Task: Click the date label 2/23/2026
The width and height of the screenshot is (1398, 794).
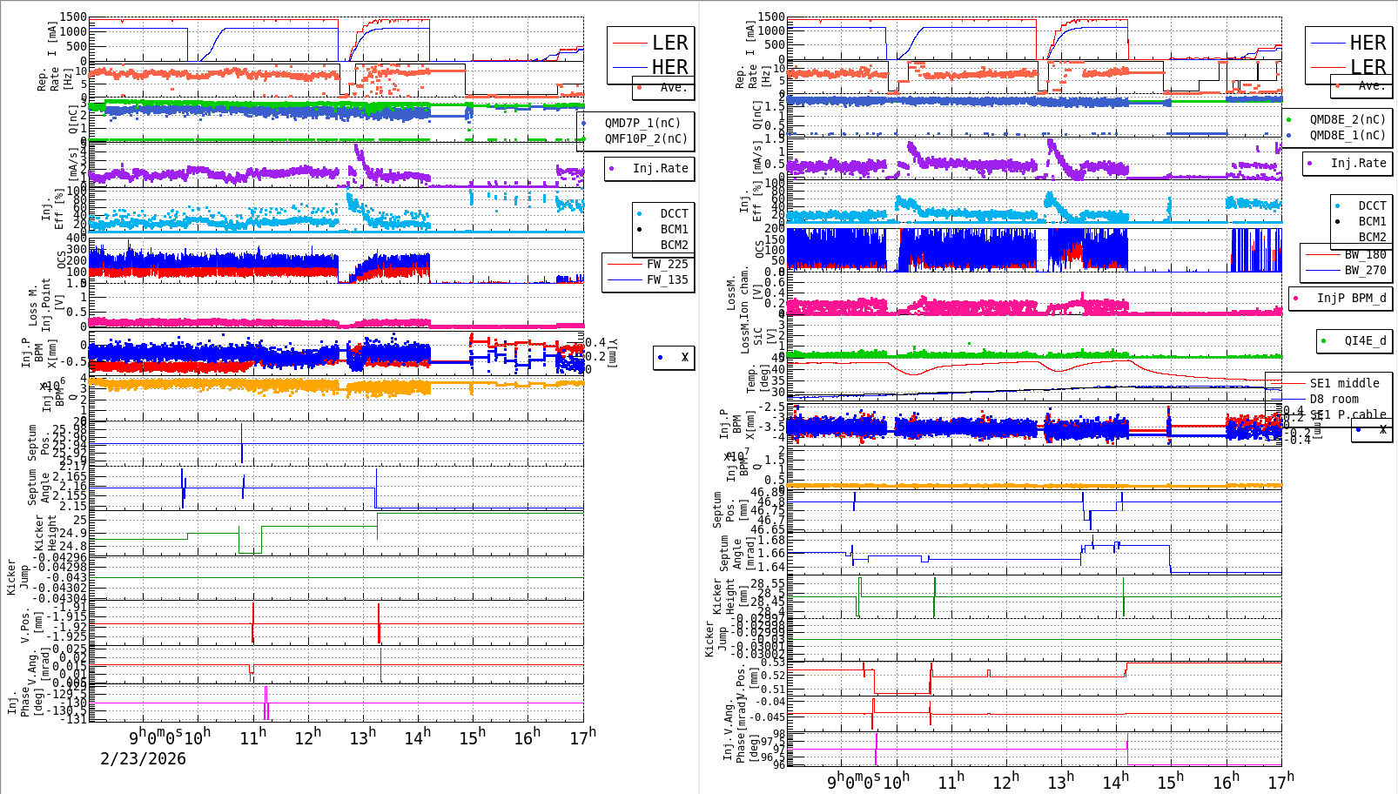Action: [143, 758]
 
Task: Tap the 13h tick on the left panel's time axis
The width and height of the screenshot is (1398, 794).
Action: [363, 737]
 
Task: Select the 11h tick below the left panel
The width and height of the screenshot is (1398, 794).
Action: [253, 737]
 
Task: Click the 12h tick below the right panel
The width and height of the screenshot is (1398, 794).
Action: [1005, 781]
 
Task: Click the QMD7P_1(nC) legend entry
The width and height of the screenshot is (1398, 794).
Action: [642, 123]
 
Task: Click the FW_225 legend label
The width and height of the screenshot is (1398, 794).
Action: [667, 264]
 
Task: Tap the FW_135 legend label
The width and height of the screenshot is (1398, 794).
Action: [667, 279]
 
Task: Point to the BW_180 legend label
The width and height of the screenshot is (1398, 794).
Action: [1365, 254]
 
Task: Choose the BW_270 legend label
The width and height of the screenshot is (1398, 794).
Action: [1365, 270]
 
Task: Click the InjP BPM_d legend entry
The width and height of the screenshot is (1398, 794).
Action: [1351, 298]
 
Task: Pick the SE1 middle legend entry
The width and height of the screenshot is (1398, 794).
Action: [1344, 383]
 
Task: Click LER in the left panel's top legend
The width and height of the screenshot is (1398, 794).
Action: [669, 43]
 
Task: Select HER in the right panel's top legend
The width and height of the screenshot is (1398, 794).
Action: [1368, 43]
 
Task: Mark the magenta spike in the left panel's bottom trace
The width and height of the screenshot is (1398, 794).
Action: [265, 702]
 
